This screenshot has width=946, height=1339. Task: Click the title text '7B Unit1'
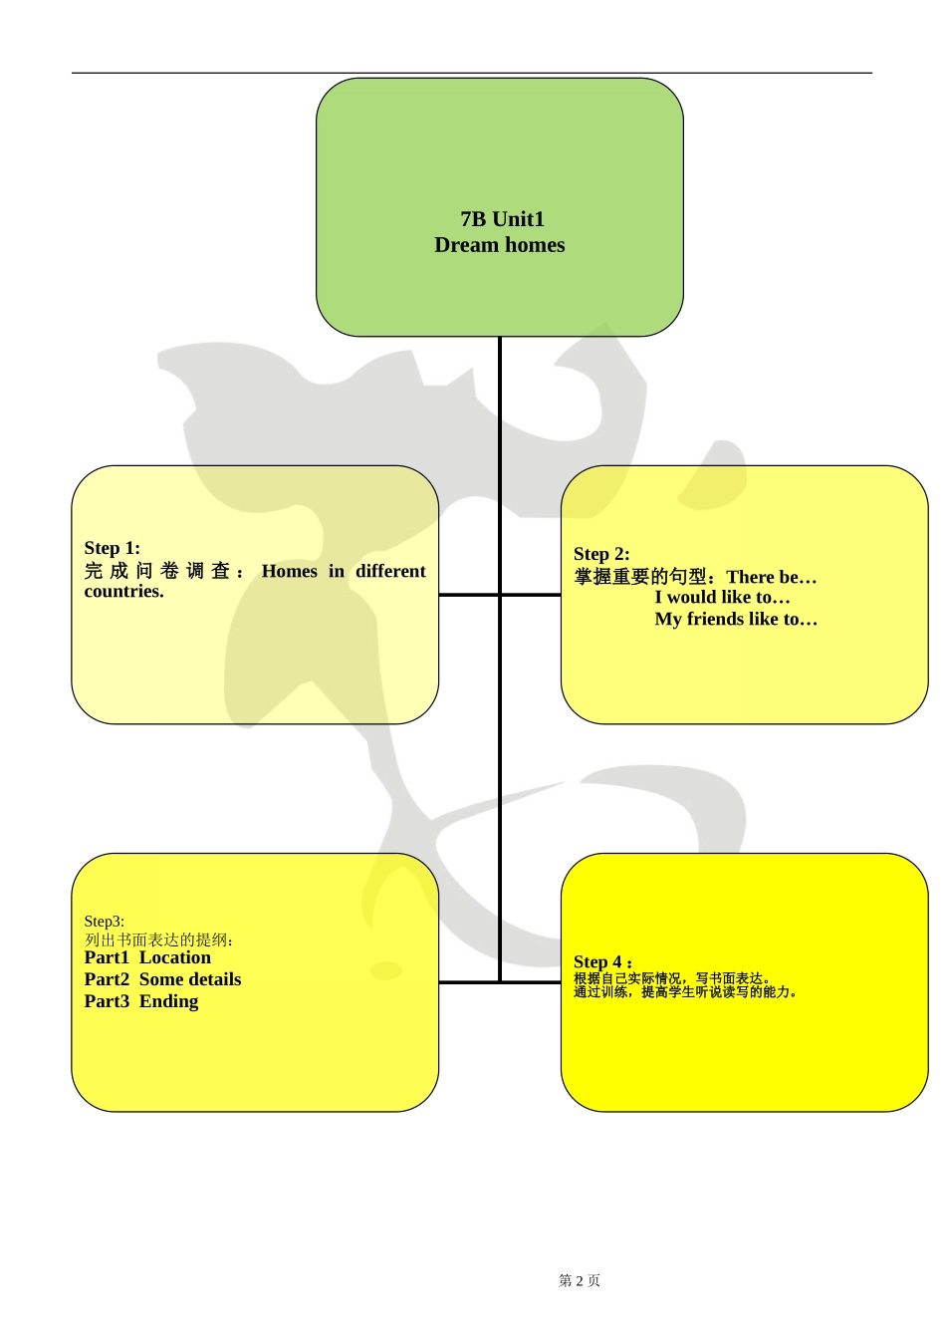tap(502, 219)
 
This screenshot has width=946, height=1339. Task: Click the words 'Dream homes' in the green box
tap(499, 245)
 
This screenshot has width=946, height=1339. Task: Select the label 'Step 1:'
tap(112, 548)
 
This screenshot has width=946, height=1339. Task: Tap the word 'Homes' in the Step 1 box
tap(289, 571)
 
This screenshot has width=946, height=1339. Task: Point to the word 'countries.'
tap(123, 592)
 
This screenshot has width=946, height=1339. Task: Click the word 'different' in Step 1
tap(390, 571)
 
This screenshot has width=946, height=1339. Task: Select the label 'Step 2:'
tap(601, 554)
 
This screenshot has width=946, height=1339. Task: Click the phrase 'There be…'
tap(772, 577)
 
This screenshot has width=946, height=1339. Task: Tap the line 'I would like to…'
tap(722, 598)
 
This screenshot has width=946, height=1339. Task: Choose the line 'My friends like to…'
tap(736, 620)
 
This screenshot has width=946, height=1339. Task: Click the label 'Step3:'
tap(104, 922)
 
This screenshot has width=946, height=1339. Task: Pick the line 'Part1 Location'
tap(147, 957)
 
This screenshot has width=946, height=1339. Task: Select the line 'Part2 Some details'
tap(162, 979)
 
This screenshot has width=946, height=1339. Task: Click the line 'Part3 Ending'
tap(141, 1001)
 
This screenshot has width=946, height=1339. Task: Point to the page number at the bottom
tap(580, 1281)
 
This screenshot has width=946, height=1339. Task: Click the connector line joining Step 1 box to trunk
tap(468, 595)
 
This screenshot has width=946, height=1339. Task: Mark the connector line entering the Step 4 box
tap(532, 982)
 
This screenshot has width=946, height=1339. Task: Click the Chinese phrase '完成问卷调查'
tap(157, 571)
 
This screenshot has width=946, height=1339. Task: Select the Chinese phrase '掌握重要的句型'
tap(639, 577)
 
